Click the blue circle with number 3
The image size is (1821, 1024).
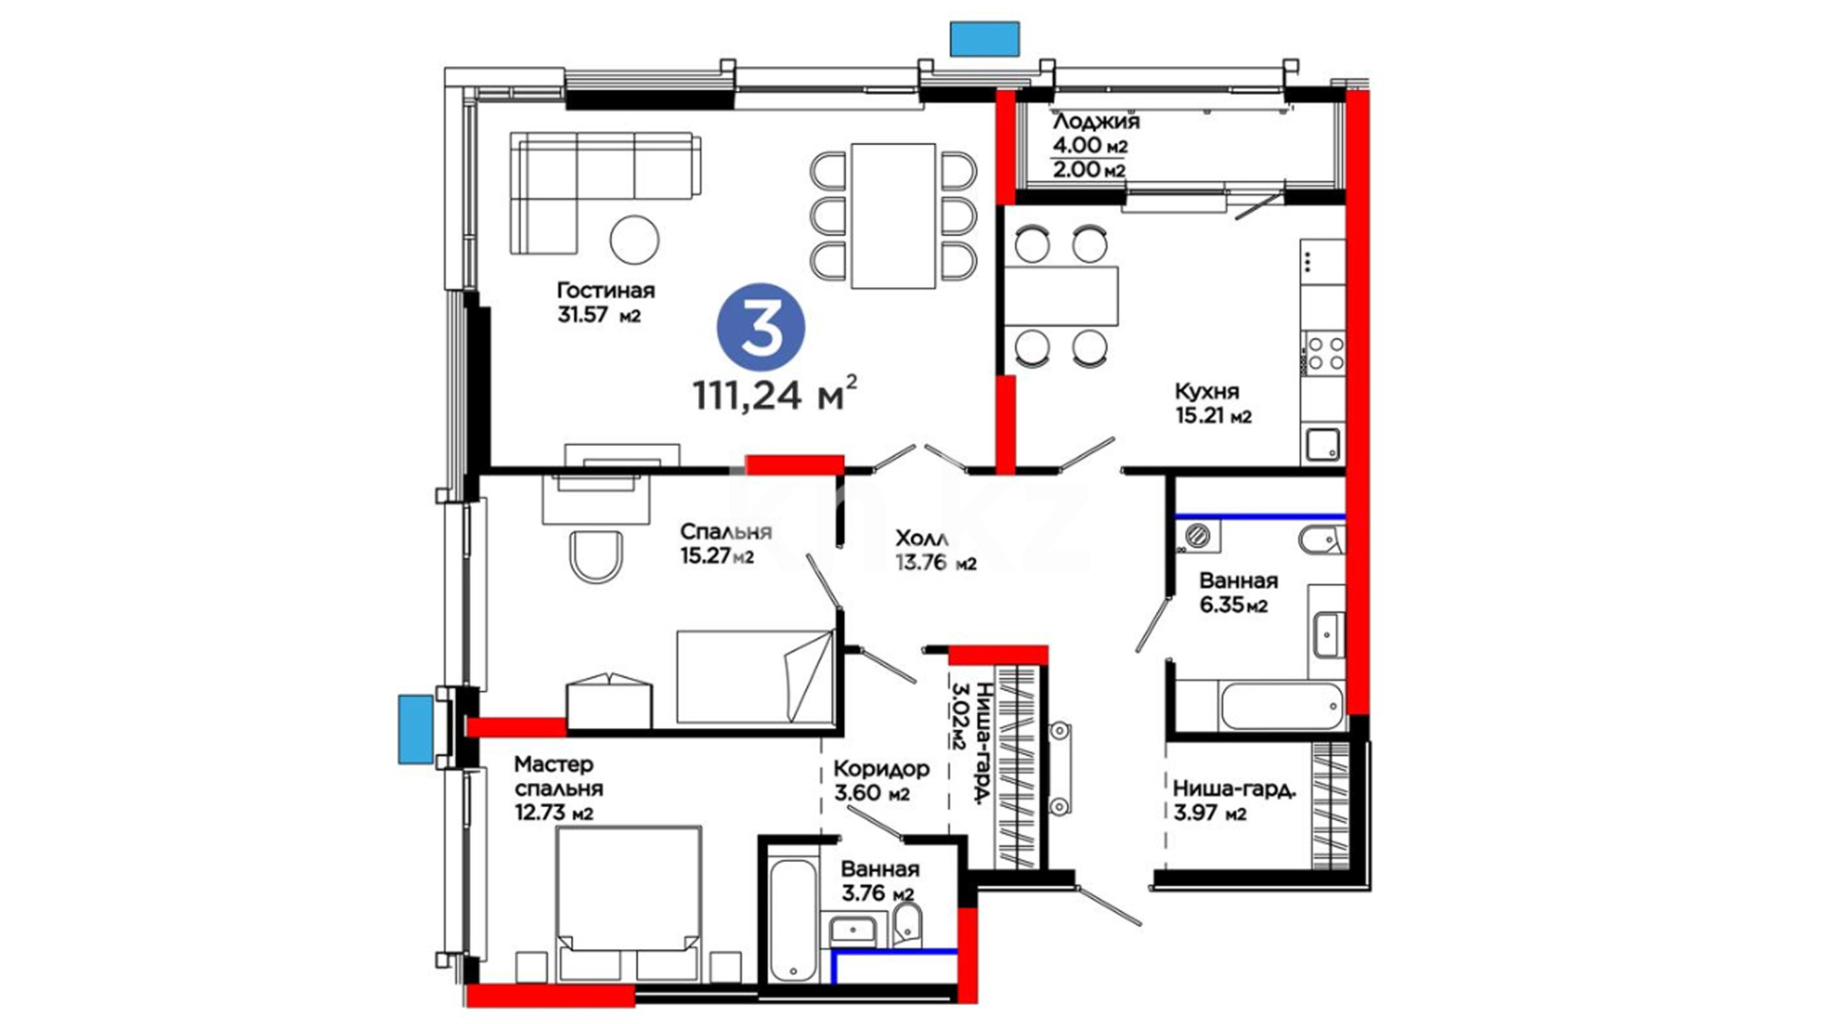(761, 327)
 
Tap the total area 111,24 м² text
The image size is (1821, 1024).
(776, 394)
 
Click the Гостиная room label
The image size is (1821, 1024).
(606, 290)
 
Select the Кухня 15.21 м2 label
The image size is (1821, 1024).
(1213, 403)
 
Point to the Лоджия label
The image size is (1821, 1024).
(1096, 121)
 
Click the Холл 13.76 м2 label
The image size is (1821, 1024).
(935, 550)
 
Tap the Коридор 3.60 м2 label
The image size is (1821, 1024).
(881, 780)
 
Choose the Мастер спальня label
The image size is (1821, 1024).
(559, 776)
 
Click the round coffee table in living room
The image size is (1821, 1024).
(635, 240)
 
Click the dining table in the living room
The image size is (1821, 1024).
(893, 215)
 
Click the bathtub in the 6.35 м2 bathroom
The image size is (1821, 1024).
(1282, 705)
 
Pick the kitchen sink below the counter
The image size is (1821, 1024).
(1322, 445)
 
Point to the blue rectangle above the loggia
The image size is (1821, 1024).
(985, 38)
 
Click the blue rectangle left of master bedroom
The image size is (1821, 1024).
(415, 729)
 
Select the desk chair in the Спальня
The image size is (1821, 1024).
(597, 558)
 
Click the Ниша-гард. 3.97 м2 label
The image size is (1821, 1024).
(1234, 801)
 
